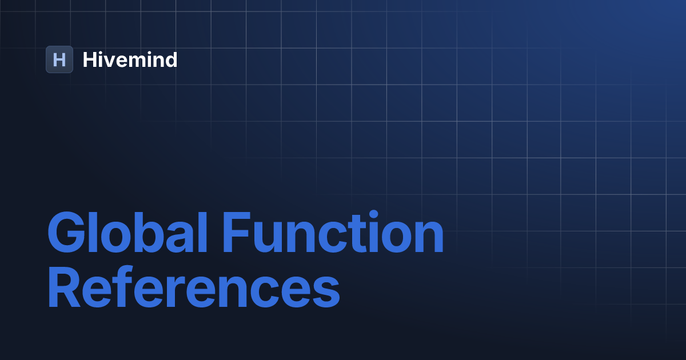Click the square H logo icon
(59, 59)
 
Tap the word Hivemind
(130, 59)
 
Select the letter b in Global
(142, 234)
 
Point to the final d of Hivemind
(170, 59)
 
